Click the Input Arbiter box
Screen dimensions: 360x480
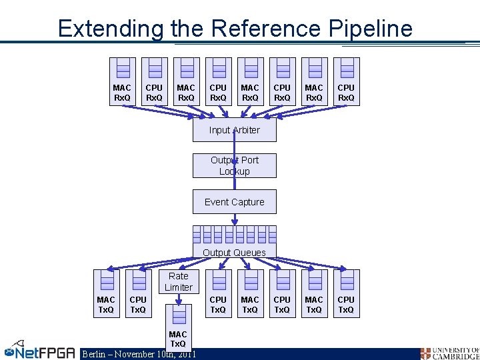pos(234,130)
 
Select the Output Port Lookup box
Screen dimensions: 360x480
pos(234,166)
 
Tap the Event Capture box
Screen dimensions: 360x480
pos(234,202)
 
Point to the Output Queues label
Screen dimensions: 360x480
pos(234,253)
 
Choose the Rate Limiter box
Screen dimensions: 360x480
pos(178,281)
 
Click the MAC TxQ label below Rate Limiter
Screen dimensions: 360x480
pos(178,339)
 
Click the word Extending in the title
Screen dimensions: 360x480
pos(109,29)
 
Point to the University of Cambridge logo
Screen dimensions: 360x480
pos(449,353)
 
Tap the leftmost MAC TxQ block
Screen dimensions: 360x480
pos(106,293)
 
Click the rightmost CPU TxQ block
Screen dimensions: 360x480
pos(346,293)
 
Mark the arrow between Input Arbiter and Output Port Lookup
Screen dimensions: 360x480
pos(234,148)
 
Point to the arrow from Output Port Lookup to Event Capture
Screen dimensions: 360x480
pos(234,184)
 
